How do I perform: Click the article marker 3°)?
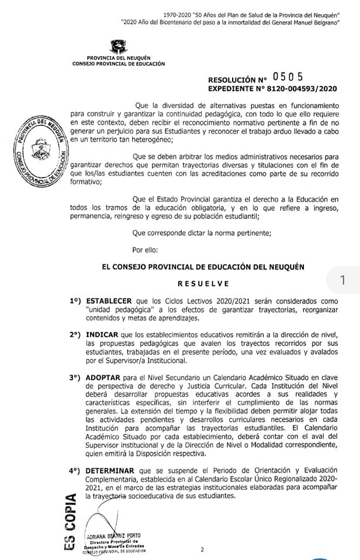coord(75,377)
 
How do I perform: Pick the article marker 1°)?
coord(75,302)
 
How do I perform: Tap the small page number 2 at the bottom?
coord(202,549)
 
